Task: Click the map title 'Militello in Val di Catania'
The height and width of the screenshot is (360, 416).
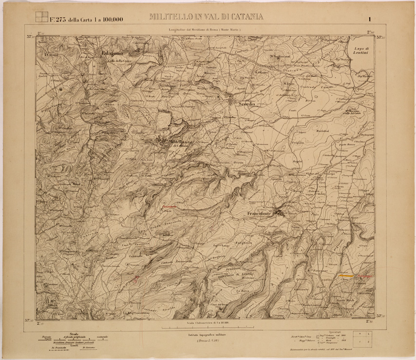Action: pyautogui.click(x=207, y=17)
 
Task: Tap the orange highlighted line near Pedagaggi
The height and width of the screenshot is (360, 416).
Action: pyautogui.click(x=346, y=276)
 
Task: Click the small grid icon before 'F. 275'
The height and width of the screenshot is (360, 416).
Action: pyautogui.click(x=41, y=17)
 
